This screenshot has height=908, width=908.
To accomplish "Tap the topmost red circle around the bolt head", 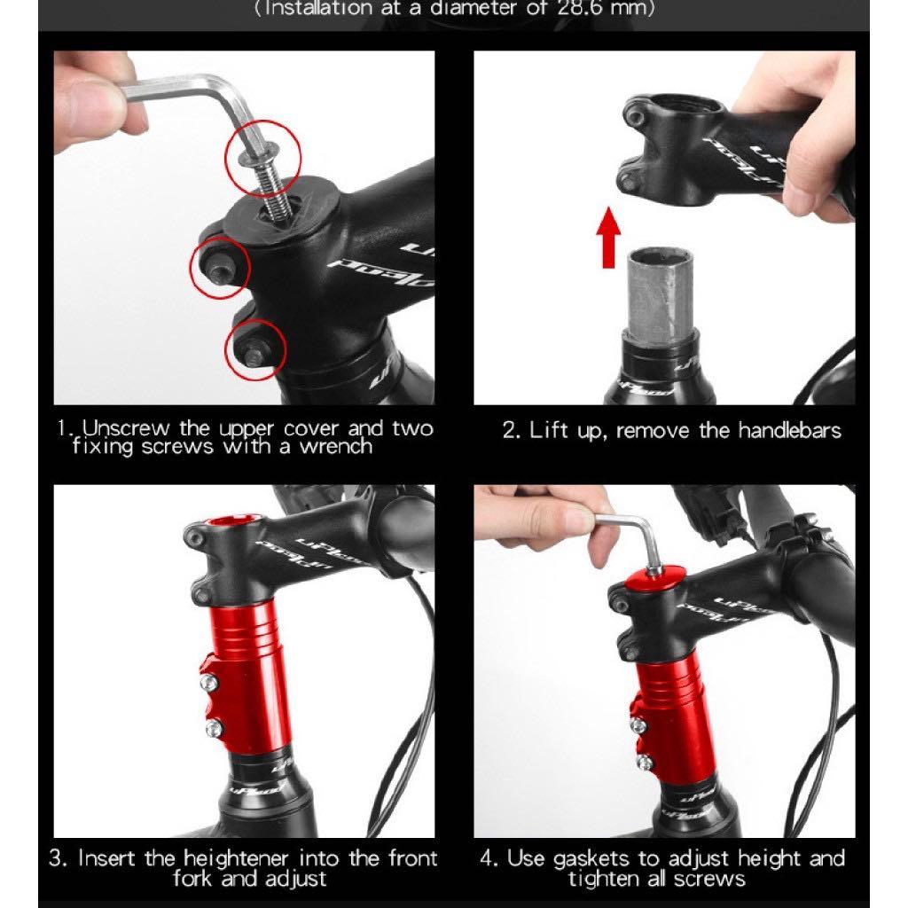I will [263, 160].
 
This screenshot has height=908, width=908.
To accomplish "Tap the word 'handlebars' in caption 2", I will [790, 432].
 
